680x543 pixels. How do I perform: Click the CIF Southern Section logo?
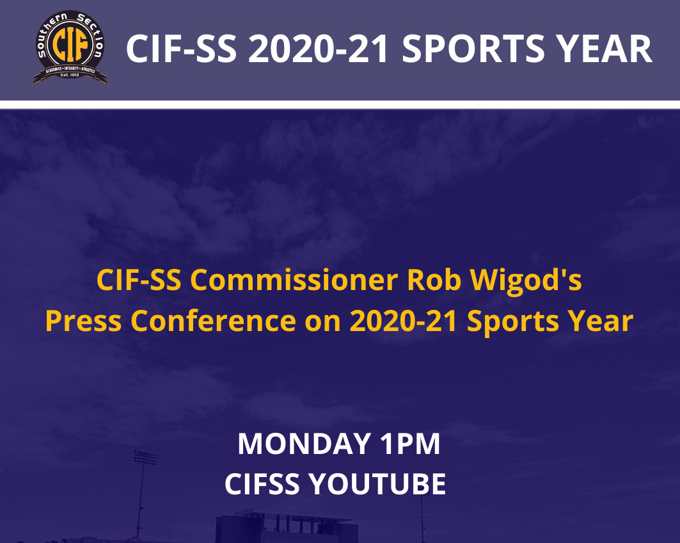pos(70,47)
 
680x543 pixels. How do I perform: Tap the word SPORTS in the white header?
pos(473,49)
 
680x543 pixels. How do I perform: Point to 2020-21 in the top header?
pos(319,49)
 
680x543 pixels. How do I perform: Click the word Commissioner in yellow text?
pos(294,280)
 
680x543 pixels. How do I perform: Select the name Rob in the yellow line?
pos(434,280)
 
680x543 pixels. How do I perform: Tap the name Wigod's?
pos(526,281)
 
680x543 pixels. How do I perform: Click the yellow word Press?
pos(83,321)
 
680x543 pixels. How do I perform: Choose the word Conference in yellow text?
pos(213,321)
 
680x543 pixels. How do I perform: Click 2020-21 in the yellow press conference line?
pos(403,321)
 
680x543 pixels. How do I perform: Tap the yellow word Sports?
pos(512,323)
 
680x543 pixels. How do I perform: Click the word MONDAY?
pos(304,444)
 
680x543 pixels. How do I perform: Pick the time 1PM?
pos(410,444)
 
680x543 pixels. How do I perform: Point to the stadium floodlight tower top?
pos(146,458)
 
